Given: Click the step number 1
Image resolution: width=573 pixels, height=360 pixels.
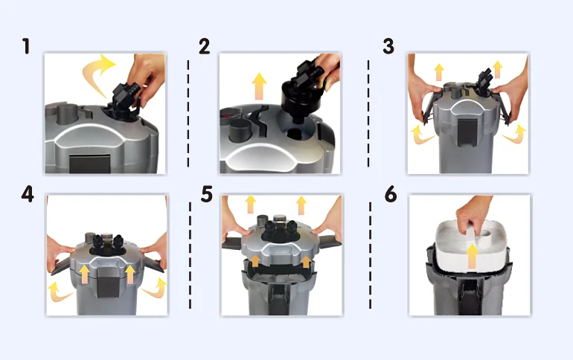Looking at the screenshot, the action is coord(26,46).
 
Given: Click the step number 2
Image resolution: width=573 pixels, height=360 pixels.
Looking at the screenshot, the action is coord(205,46).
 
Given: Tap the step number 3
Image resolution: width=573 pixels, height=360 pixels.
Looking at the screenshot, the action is coord(388,46).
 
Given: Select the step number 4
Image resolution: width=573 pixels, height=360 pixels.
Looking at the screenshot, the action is coord(28,194).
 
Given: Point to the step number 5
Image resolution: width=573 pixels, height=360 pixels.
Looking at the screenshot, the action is coord(207,194).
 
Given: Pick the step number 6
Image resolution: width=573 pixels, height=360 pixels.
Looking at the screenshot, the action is coord(391,194).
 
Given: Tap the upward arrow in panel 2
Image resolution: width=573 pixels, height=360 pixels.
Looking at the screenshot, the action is coord(260,86).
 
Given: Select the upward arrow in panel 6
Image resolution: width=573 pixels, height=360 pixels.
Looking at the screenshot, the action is coord(472,256).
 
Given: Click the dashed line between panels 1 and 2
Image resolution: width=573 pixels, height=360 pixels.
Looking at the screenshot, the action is coord(188,114).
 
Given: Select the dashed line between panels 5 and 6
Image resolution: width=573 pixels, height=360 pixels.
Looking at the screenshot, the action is coord(370,256).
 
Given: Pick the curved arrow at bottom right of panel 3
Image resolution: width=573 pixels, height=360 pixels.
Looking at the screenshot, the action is coord(515,134).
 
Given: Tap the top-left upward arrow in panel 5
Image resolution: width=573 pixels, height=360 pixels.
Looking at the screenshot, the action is coord(250,205).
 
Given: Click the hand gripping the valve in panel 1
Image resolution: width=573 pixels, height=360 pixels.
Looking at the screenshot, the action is coord(147,77).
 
